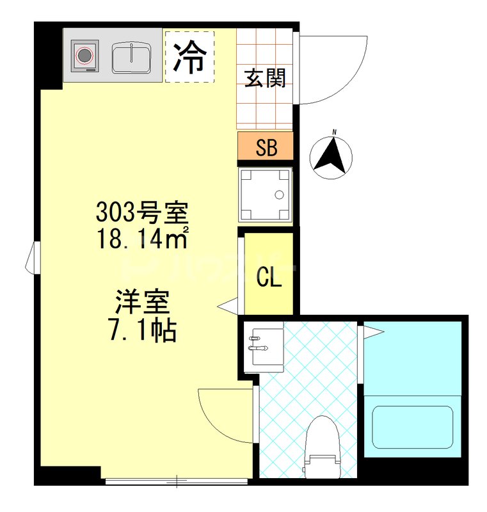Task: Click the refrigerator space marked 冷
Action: click(189, 56)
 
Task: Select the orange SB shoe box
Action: click(266, 147)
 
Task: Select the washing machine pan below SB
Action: click(265, 195)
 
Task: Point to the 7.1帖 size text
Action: click(142, 330)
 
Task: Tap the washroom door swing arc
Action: click(221, 410)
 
